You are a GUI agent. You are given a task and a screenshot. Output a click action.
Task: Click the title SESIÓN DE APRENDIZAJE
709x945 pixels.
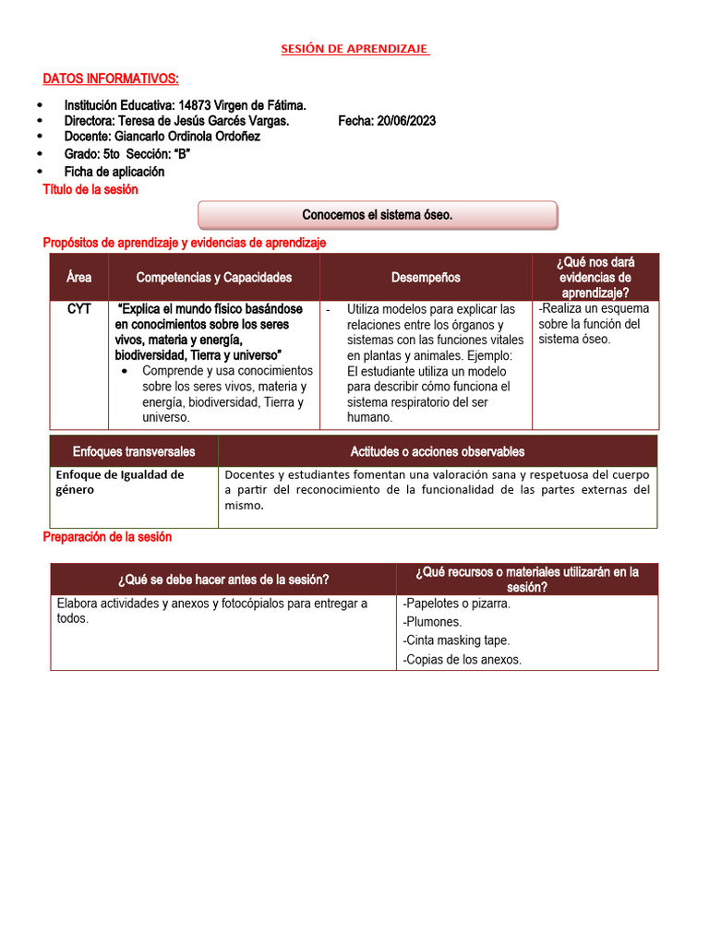click(x=354, y=49)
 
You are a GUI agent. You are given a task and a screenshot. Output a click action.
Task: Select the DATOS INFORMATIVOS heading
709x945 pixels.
click(x=111, y=78)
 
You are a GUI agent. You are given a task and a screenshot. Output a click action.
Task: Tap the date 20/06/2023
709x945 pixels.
click(x=406, y=121)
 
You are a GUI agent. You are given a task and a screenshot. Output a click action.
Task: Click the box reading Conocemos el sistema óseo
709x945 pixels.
click(x=378, y=215)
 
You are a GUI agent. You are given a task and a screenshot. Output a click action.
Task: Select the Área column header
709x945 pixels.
click(x=79, y=277)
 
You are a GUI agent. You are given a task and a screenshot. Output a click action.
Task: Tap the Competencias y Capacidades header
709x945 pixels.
click(x=213, y=277)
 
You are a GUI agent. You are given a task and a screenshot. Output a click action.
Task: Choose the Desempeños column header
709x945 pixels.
click(x=426, y=277)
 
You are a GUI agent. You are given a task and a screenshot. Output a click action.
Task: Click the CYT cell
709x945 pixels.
click(x=79, y=309)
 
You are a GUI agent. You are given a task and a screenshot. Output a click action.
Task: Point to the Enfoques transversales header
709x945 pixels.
click(x=134, y=451)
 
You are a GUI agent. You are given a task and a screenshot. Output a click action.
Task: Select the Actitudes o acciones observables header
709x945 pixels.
click(x=438, y=451)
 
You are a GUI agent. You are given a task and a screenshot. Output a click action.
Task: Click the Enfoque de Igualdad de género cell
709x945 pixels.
click(x=120, y=482)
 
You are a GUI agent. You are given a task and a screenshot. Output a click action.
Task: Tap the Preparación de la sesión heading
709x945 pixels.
click(x=107, y=537)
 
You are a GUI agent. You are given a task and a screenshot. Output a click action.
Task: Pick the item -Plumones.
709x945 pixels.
click(x=432, y=622)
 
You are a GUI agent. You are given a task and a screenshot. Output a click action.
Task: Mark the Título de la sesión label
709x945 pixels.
click(x=90, y=189)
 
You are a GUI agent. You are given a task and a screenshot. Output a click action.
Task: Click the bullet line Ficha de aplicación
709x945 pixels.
click(x=114, y=172)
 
